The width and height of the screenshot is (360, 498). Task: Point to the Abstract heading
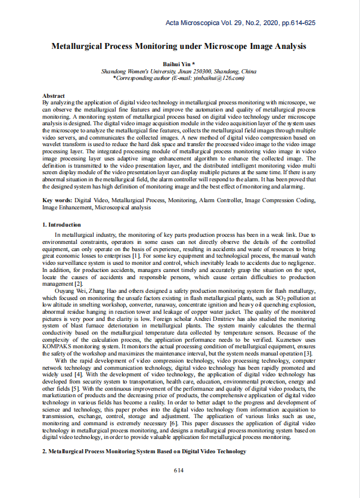pyautogui.click(x=54, y=96)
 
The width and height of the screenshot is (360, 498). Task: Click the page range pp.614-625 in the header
pyautogui.click(x=293, y=22)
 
